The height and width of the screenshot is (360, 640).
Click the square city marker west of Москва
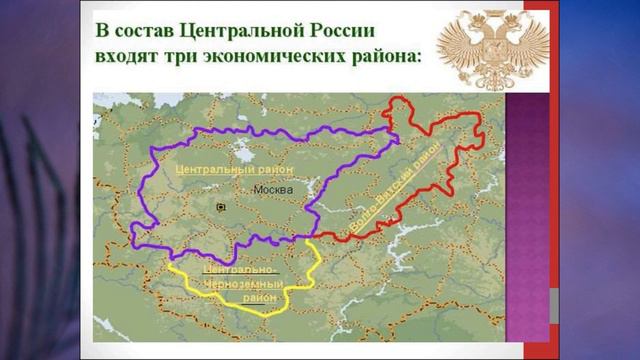pyautogui.click(x=220, y=206)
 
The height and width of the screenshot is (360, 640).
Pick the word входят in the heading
pyautogui.click(x=130, y=55)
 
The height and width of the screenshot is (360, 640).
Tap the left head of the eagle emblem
pyautogui.click(x=467, y=29)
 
